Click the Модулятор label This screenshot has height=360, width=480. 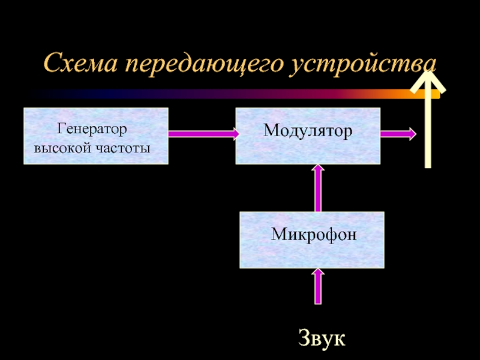(x=308, y=130)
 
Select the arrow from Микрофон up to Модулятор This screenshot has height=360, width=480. (x=318, y=188)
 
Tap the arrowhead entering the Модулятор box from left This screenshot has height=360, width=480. (x=230, y=134)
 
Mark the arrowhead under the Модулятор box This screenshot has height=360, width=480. (x=318, y=170)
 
